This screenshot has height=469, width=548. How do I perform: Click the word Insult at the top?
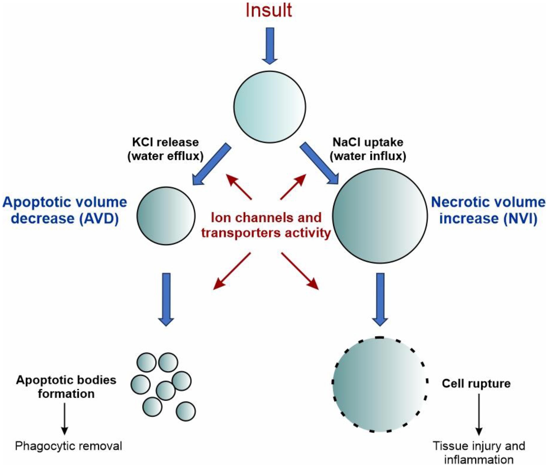(269, 11)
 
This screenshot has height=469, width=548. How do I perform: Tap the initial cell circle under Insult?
(270, 107)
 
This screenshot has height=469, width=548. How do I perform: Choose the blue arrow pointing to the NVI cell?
(320, 164)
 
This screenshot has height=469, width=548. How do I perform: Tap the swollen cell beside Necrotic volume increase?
(380, 216)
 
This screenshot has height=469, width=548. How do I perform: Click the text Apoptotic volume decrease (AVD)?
(65, 210)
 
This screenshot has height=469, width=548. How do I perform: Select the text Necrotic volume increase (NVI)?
(488, 210)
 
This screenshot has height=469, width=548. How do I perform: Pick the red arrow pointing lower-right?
(300, 271)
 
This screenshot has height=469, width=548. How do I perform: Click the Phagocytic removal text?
(68, 446)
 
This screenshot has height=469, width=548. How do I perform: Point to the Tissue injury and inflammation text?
(479, 453)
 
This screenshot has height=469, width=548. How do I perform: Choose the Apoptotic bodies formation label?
(66, 387)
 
